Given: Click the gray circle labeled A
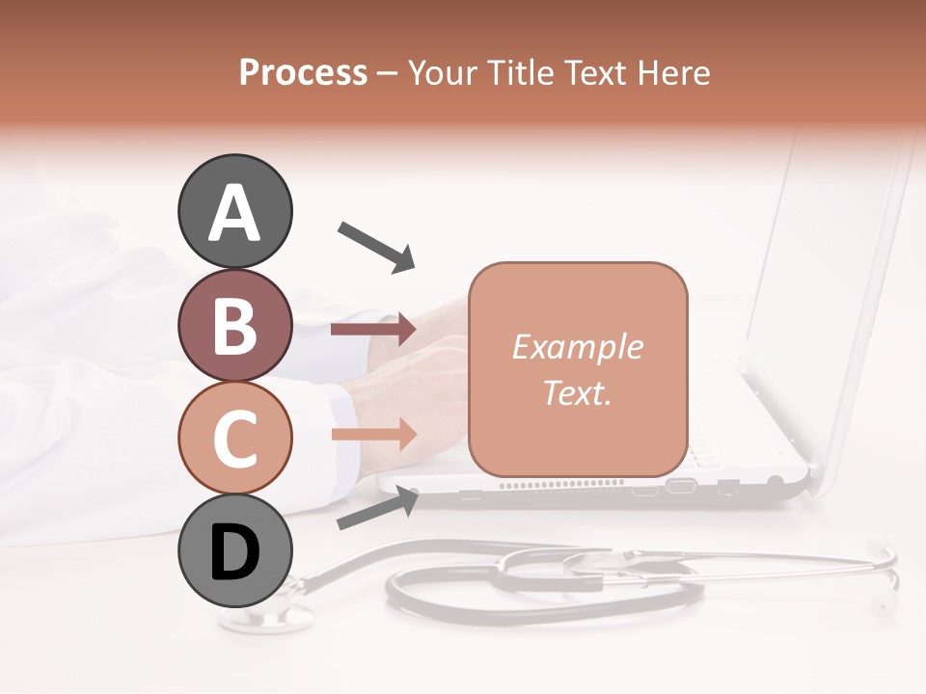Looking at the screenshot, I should click(234, 211).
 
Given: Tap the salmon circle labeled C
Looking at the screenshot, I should click(234, 437).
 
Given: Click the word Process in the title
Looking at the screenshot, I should click(303, 72).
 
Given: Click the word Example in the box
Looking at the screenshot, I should click(577, 347).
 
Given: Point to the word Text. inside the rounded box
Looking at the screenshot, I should click(577, 392).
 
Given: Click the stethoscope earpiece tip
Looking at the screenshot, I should click(881, 604).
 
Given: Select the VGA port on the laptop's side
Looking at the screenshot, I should click(681, 486).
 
